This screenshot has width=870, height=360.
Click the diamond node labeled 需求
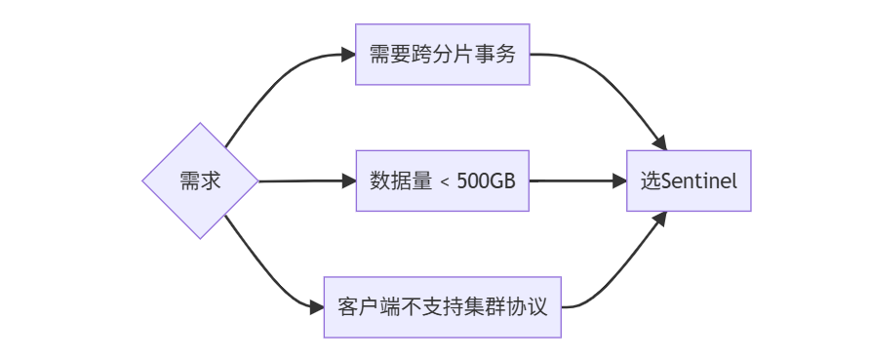(x=200, y=180)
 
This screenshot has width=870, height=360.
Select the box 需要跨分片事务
(x=442, y=54)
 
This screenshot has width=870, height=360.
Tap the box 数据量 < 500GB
(x=442, y=180)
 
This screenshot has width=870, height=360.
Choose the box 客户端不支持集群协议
(x=442, y=307)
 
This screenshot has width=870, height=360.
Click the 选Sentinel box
(x=689, y=180)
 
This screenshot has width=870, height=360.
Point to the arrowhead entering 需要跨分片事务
(x=349, y=54)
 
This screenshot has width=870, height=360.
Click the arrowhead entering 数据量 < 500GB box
(x=349, y=180)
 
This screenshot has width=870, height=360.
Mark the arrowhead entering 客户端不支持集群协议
(x=316, y=307)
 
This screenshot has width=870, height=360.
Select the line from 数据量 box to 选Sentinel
(x=575, y=180)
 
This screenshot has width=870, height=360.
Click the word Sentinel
(x=699, y=181)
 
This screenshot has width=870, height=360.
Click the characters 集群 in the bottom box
(x=494, y=307)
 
